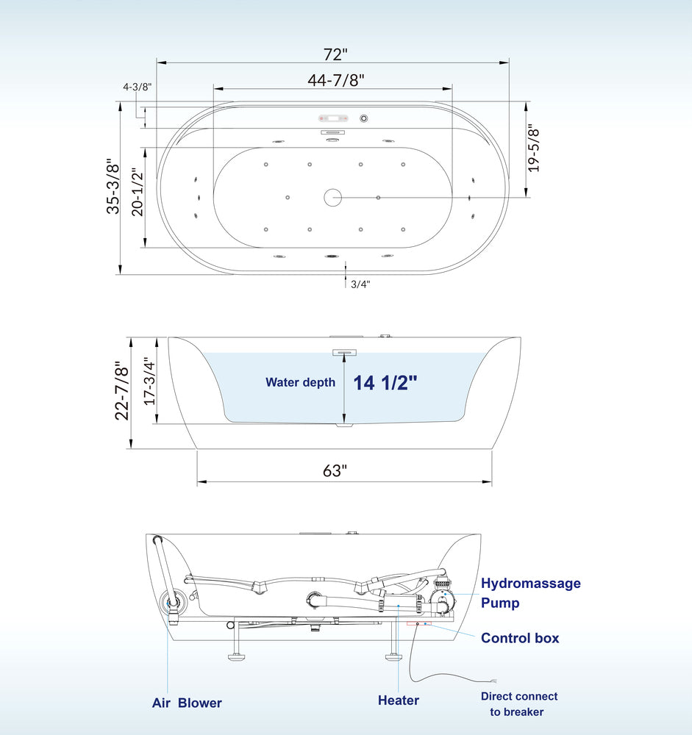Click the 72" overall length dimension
pos(335,54)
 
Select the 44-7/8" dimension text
pos(336,80)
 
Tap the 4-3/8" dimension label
pos(137,87)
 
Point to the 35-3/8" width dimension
pos(113,186)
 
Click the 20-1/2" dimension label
pos(137,192)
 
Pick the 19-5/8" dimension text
pos(534,148)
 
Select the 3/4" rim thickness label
pos(360,284)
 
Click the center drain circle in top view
pos(332,197)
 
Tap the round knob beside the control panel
pos(364,118)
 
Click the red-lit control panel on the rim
pos(334,118)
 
